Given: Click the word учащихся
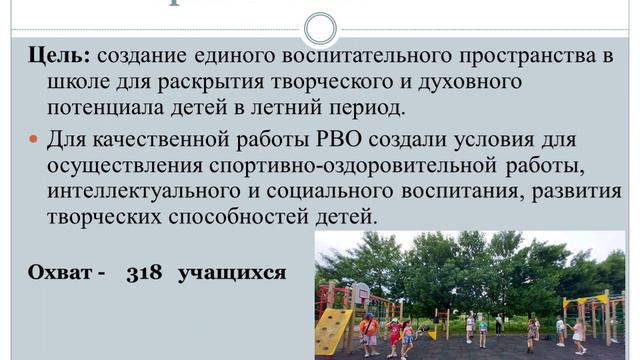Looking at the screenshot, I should click(232, 271).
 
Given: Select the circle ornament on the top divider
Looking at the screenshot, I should click(319, 27).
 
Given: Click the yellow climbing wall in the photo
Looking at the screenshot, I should click(333, 331).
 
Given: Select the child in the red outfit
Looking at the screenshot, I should click(394, 334).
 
